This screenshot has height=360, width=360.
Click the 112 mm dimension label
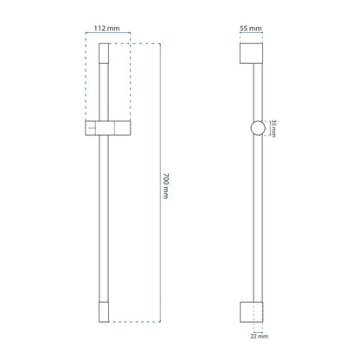tap(106, 29)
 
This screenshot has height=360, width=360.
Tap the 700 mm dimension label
tap(166, 186)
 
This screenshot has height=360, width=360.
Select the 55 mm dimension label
tap(251, 29)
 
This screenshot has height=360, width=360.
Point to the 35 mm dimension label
tap(273, 128)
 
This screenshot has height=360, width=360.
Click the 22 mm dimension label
tap(259, 336)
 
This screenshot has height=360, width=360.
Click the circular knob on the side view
tap(258, 128)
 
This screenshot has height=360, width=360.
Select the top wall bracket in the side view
tap(251, 54)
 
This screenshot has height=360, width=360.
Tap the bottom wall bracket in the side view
tap(251, 312)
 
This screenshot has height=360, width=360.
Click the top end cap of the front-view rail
tap(104, 54)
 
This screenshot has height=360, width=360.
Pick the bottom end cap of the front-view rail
tap(104, 312)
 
